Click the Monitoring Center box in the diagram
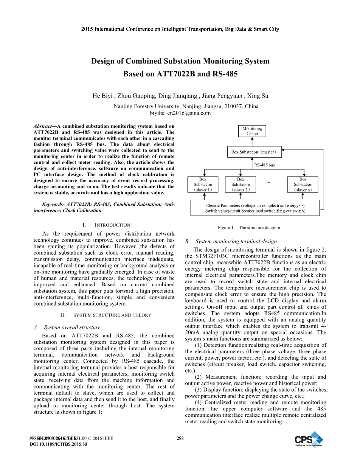click(252, 131)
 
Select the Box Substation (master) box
click(254, 152)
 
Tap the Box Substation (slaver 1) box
click(203, 185)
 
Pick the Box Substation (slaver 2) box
click(241, 185)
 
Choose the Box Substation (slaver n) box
click(303, 185)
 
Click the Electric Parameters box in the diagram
click(255, 208)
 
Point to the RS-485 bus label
click(264, 165)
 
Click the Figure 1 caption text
click(249, 228)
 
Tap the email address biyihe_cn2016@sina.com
click(180, 113)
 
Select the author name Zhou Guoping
click(134, 96)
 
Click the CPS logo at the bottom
click(309, 440)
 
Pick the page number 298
click(180, 438)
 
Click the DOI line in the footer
click(58, 444)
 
